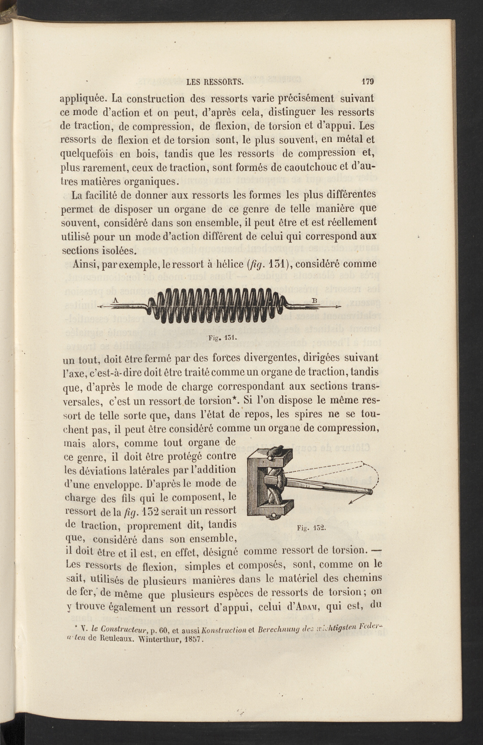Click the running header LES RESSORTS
point(215,83)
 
